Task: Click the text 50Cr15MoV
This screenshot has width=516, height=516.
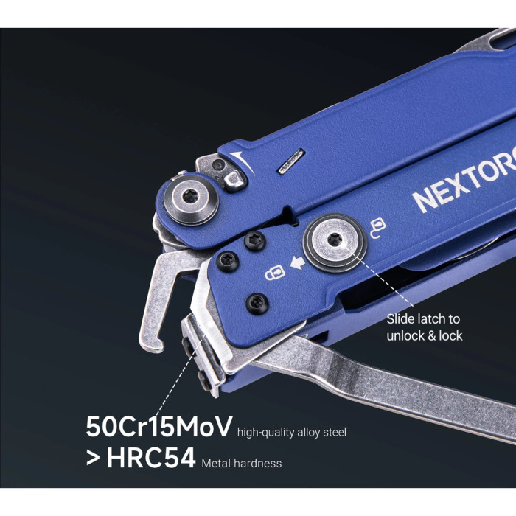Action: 158,427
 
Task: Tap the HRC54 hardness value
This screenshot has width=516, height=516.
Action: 151,459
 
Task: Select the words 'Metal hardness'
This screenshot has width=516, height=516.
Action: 240,463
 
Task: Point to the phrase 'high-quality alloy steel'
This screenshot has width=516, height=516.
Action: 292,432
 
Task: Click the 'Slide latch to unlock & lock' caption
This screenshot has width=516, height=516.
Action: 423,327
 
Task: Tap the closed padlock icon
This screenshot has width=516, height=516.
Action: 274,273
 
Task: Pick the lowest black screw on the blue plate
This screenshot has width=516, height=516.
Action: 257,302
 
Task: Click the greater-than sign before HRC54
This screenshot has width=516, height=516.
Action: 94,459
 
